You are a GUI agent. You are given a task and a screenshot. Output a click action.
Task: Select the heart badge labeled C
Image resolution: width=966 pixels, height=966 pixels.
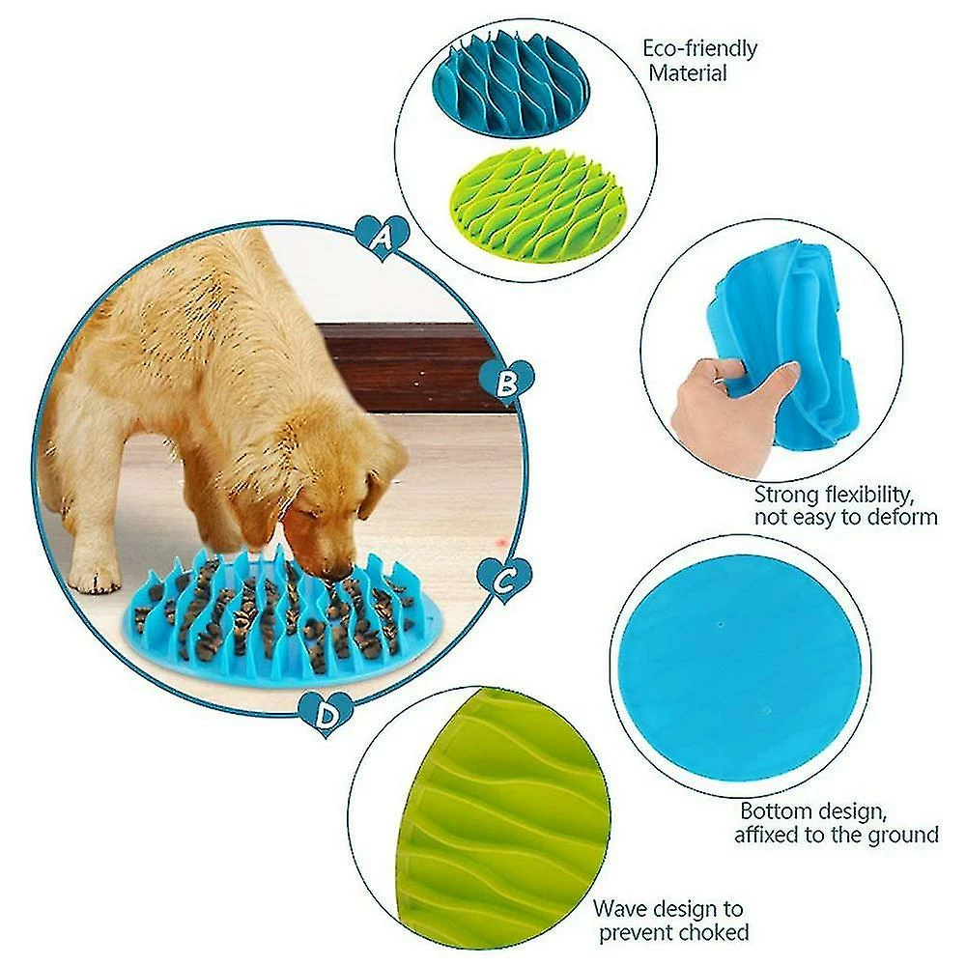pos(505,580)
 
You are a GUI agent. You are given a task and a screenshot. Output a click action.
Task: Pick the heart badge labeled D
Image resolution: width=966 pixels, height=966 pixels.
pos(327,714)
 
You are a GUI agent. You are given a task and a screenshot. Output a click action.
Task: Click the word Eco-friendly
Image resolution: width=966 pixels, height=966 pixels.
pos(700,48)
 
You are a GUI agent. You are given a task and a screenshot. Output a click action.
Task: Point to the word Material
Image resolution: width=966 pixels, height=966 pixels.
pos(688,72)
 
